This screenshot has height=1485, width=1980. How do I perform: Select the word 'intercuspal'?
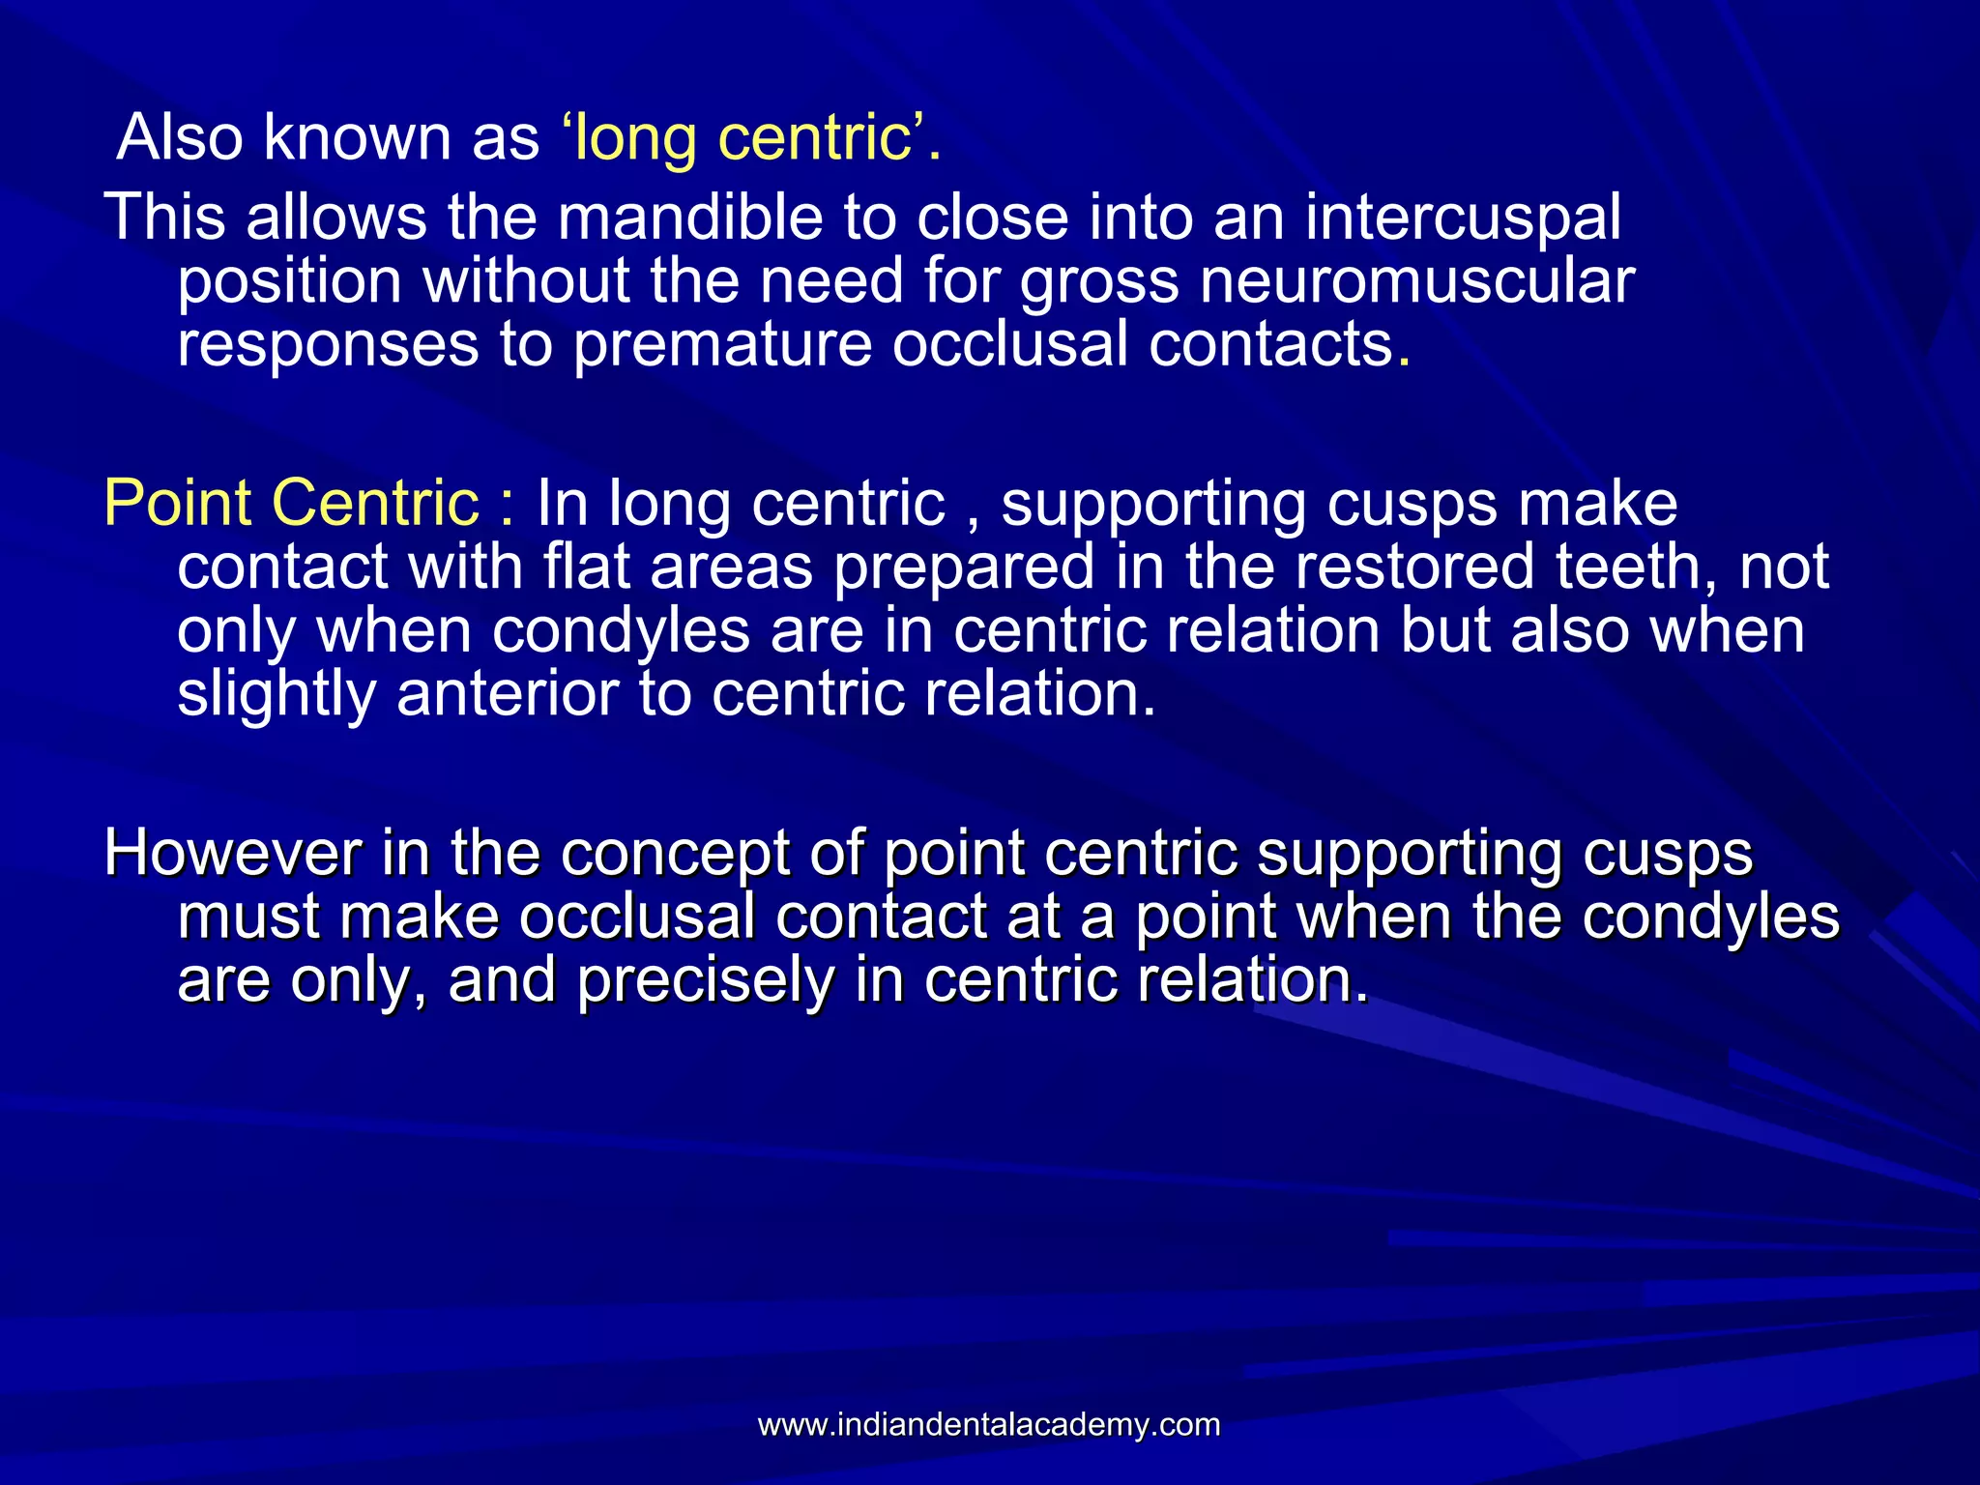click(1463, 218)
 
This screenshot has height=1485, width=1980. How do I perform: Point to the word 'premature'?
click(722, 345)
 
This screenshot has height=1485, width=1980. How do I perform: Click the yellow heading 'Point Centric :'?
click(309, 504)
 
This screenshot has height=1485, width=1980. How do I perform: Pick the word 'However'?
click(232, 854)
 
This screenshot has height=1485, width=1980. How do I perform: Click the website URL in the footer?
click(989, 1424)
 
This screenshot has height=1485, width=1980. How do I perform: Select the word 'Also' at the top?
click(180, 137)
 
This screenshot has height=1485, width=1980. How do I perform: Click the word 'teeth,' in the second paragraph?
click(1637, 567)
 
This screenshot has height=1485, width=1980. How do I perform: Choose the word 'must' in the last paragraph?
click(248, 917)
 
